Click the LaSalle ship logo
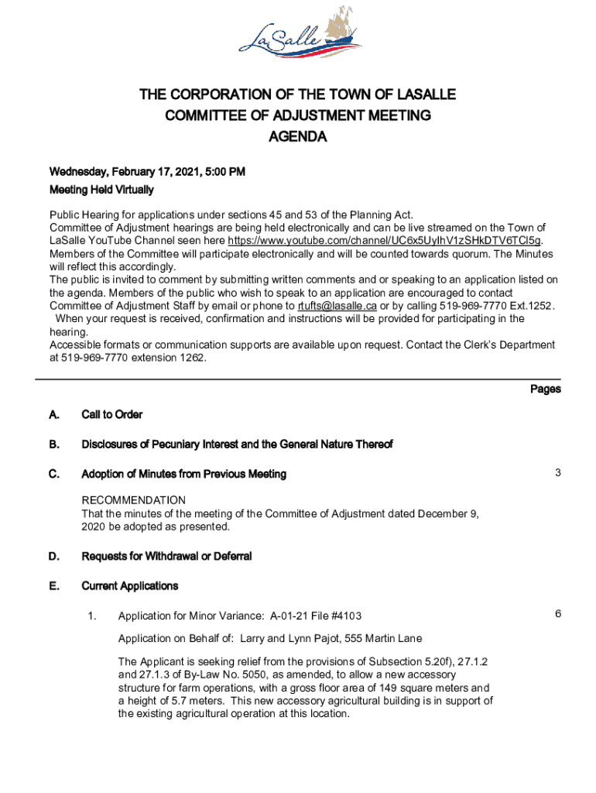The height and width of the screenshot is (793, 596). (297, 38)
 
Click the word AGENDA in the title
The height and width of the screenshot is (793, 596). (297, 137)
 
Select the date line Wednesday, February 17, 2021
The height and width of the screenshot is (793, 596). (147, 171)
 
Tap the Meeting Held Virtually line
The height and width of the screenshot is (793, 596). (101, 190)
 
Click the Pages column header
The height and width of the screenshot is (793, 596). (545, 389)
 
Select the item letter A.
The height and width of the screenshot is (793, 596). (54, 415)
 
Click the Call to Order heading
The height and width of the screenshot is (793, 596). (111, 415)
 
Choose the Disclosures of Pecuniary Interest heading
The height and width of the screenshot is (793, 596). (237, 445)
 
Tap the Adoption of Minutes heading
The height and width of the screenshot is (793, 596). (183, 474)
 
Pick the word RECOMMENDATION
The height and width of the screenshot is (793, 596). (134, 500)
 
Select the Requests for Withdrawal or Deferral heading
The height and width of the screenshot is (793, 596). (166, 557)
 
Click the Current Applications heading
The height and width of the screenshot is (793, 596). (129, 586)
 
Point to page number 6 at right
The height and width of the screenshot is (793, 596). (557, 614)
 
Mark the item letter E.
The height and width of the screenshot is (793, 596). (54, 586)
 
